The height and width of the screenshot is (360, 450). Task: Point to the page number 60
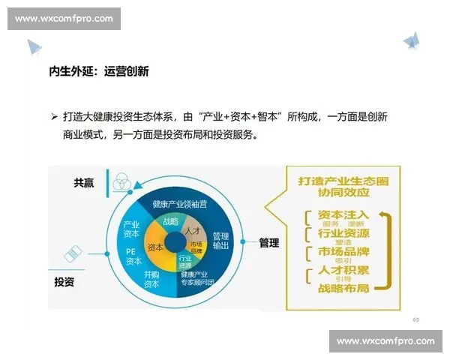[x=416, y=319]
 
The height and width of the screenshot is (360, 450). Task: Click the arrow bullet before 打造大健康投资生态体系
[x=53, y=118]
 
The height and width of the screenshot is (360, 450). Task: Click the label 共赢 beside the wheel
[x=84, y=183]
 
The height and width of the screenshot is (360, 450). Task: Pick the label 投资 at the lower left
[x=64, y=282]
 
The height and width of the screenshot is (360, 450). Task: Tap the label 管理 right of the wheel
[x=269, y=242]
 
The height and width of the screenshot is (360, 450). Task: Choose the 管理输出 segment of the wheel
[x=220, y=240]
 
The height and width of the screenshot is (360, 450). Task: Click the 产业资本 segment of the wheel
[x=132, y=229]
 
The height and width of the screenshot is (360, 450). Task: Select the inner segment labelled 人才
[x=193, y=230]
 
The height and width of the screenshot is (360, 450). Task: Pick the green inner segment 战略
[x=170, y=222]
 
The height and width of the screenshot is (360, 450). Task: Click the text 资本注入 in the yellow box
[x=343, y=214]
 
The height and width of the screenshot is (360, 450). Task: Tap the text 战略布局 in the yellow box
[x=343, y=286]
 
